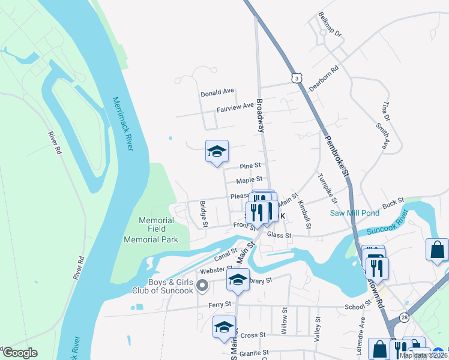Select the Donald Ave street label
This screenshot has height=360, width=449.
point(217,93)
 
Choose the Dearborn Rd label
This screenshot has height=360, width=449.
point(324,79)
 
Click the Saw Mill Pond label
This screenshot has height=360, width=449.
point(354,213)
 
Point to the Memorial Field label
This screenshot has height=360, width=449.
point(157,220)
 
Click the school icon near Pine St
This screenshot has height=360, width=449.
point(217,151)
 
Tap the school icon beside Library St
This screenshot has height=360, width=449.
point(238,279)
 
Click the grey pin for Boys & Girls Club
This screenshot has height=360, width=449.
point(202,285)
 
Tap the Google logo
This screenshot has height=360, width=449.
point(19,353)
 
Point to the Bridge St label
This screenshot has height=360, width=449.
point(204,214)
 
